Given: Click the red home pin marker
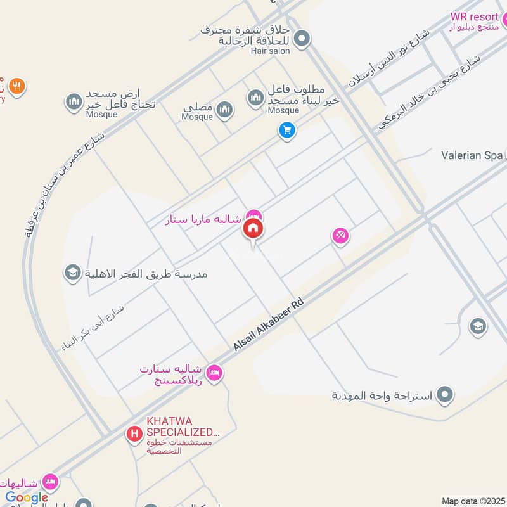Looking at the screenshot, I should [x=253, y=229].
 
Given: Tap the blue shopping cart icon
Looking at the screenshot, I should [x=287, y=131].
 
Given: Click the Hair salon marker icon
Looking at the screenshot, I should [x=302, y=39].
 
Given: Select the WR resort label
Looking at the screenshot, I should [x=475, y=17].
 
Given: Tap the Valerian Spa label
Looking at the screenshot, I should [x=472, y=155].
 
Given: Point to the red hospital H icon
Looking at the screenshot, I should [x=134, y=434].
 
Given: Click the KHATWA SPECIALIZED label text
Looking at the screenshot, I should [x=183, y=426].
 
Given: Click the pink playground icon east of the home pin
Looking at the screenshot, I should [x=340, y=236].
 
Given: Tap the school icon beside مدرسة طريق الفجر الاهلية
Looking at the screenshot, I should [x=72, y=273].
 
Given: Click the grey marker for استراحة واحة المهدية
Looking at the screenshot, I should [x=446, y=395].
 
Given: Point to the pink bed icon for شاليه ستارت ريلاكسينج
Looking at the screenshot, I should [x=215, y=372].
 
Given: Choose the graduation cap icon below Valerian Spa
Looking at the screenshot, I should [x=477, y=326].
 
